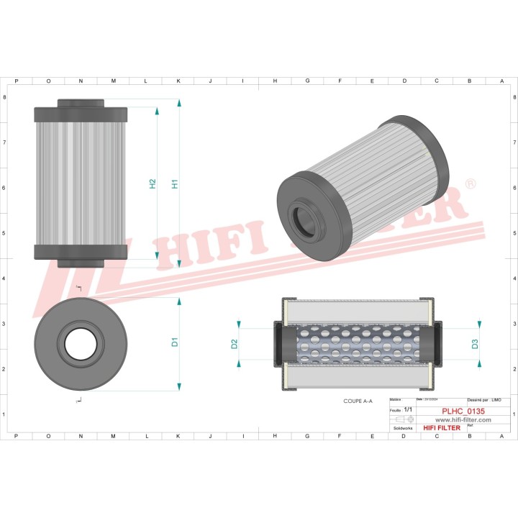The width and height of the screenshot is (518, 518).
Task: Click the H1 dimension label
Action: click(x=174, y=183)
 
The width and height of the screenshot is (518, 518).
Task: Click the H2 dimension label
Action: click(x=153, y=183)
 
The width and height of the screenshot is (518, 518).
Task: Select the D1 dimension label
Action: click(x=174, y=342)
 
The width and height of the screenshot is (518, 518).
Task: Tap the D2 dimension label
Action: click(x=235, y=344)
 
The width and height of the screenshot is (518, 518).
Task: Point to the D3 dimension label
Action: click(x=475, y=344)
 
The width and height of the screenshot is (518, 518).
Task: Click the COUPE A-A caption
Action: click(x=358, y=401)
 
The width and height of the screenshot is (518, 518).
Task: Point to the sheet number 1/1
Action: click(x=408, y=409)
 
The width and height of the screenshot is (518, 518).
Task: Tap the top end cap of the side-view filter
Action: click(x=81, y=114)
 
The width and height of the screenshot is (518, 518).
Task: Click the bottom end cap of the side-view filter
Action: click(x=81, y=252)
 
